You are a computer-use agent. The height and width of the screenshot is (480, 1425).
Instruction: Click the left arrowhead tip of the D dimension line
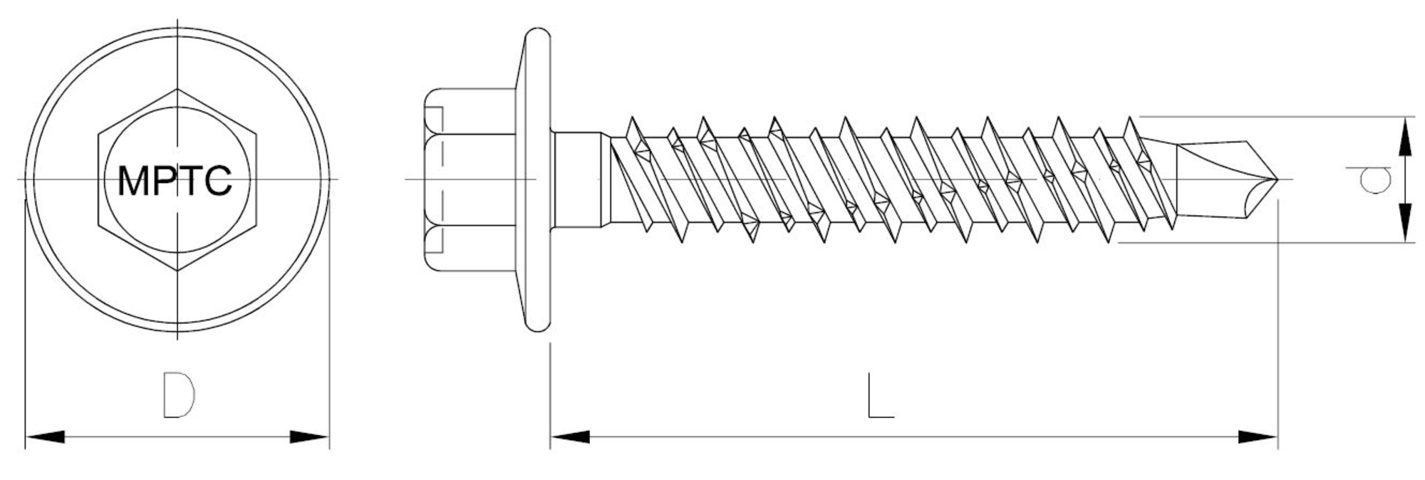[x=26, y=437]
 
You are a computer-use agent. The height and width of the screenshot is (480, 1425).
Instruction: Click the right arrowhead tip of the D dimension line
[x=329, y=437]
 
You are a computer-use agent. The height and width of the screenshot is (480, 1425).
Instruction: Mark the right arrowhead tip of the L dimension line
[x=1278, y=437]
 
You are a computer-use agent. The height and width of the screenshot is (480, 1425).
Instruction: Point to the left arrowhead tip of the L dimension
[x=551, y=437]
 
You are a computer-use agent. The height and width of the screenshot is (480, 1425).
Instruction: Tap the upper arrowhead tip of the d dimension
[x=1404, y=117]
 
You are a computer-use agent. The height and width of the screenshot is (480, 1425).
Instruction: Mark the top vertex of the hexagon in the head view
[x=177, y=90]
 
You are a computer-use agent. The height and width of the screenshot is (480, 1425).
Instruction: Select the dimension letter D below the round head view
[x=179, y=394]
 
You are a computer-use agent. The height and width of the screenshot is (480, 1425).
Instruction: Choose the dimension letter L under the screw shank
[x=880, y=395]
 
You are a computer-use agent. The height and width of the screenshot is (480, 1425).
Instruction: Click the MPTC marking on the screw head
[x=175, y=181]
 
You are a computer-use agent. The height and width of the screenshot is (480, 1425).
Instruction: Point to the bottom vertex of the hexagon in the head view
[x=177, y=271]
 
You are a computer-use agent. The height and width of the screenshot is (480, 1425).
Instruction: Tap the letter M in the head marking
[x=133, y=181]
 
